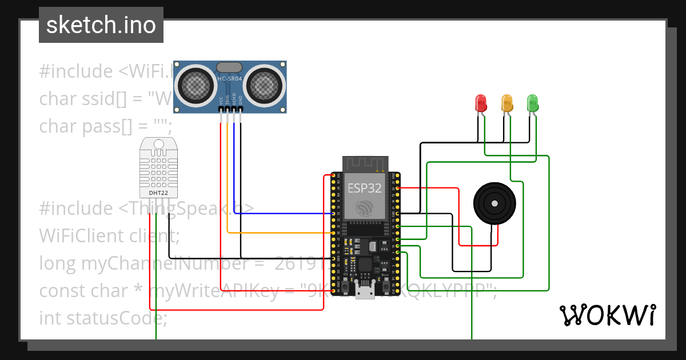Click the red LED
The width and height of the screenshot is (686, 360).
click(x=481, y=103)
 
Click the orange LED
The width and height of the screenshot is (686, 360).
click(x=506, y=103)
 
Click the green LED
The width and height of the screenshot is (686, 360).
click(x=532, y=103)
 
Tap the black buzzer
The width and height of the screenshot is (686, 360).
click(x=494, y=203)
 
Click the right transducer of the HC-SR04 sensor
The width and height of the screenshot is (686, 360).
click(x=264, y=85)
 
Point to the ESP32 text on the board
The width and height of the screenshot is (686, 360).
click(x=364, y=188)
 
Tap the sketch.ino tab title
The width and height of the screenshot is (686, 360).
click(x=101, y=25)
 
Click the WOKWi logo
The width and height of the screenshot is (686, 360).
click(x=607, y=315)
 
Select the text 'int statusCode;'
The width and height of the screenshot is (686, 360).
click(x=103, y=318)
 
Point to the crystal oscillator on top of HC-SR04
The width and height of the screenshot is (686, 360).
click(x=230, y=67)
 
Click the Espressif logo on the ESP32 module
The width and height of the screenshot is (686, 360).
click(x=364, y=207)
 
